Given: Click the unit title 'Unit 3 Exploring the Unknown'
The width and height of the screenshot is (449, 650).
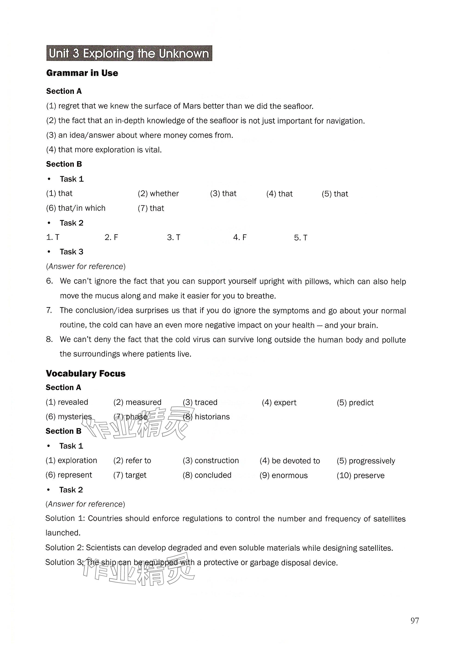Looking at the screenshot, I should [x=129, y=53].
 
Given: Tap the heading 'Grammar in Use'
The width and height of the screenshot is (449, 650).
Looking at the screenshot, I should [x=82, y=73].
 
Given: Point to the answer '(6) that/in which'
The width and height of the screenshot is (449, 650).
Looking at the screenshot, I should [x=76, y=208].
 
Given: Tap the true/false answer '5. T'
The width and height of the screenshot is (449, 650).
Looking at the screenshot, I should [x=300, y=238].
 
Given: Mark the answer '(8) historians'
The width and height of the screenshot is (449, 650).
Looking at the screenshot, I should [x=206, y=417].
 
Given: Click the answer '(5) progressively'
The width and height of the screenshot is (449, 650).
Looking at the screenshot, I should [x=366, y=461].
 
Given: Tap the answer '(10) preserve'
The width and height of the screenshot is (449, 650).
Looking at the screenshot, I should [x=360, y=476].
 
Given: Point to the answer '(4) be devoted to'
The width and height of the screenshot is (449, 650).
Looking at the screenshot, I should [x=290, y=461].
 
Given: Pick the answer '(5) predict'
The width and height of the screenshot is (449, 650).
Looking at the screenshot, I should [x=355, y=403].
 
